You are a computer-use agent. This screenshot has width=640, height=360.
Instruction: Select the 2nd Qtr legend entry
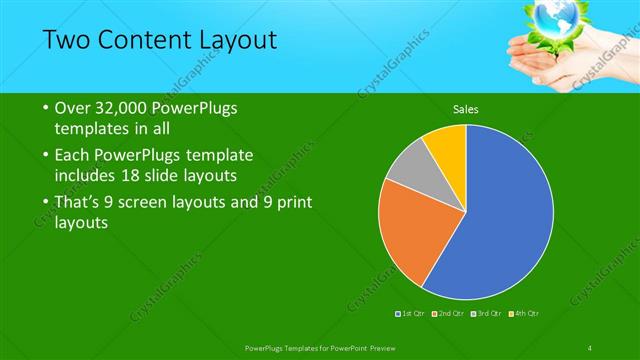(x=451, y=314)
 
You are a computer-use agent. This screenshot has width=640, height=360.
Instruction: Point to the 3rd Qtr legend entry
(x=489, y=314)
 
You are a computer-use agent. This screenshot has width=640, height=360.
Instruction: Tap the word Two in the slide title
(x=66, y=40)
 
